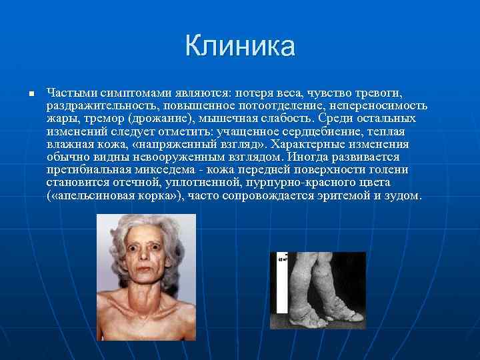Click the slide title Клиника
click(x=240, y=47)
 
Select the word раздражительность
click(x=98, y=106)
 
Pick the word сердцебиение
click(x=325, y=131)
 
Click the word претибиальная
click(x=85, y=170)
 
